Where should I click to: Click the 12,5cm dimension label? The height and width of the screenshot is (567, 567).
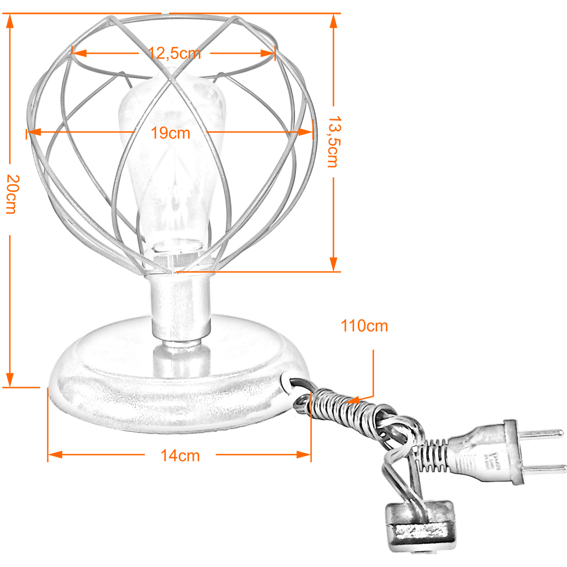(175, 54)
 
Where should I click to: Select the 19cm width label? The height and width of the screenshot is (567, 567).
(170, 133)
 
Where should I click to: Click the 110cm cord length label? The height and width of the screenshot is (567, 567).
(364, 326)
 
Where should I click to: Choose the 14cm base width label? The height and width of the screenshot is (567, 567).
(180, 456)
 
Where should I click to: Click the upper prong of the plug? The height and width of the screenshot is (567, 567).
(543, 433)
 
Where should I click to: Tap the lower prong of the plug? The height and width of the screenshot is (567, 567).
(545, 470)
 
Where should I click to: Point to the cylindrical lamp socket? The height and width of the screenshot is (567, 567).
(180, 307)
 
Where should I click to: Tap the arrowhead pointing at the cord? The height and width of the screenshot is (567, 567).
(353, 400)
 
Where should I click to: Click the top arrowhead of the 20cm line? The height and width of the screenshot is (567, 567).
(10, 21)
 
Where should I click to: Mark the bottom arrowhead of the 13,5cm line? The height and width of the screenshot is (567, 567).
(333, 264)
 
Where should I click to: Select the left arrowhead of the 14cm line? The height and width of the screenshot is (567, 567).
(55, 455)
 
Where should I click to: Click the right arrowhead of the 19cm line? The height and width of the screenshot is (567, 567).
(306, 132)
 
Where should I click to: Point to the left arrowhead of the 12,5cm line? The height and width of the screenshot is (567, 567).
(79, 53)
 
